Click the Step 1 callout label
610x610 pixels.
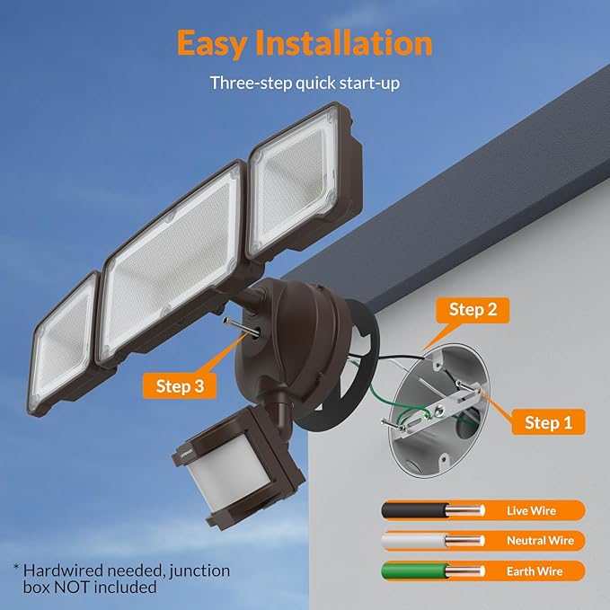[548, 421]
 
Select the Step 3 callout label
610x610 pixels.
[186, 386]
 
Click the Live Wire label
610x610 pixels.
[531, 510]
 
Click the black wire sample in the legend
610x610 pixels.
[422, 510]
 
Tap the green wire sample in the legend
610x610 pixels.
[422, 571]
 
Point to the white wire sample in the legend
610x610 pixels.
[422, 541]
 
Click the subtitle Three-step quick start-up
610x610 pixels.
[305, 83]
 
